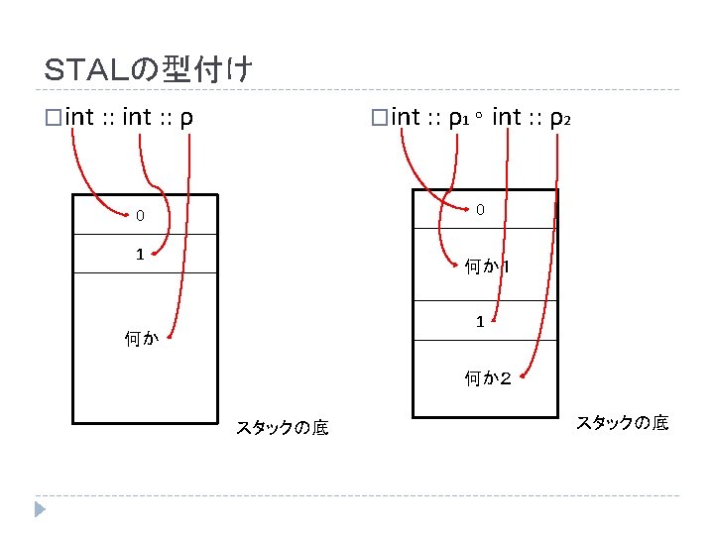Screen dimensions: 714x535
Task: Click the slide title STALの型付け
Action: pos(150,70)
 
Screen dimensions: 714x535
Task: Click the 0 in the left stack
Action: pos(140,215)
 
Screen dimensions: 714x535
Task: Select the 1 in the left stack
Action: pos(140,254)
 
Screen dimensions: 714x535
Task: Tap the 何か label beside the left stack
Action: pos(141,339)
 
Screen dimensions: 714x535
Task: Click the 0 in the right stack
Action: pos(480,210)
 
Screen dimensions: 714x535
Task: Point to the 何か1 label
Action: pos(487,267)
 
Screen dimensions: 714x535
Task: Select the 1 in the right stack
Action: pos(480,321)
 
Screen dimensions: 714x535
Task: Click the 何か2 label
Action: pos(488,377)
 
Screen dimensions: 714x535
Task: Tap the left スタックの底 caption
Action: pos(283,428)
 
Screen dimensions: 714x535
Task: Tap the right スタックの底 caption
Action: pos(623,423)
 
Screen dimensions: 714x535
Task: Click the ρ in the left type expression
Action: pos(186,119)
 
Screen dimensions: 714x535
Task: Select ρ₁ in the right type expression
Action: pos(457,119)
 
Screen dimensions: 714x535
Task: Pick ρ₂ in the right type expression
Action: pos(560,119)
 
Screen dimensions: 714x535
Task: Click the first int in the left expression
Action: pos(78,119)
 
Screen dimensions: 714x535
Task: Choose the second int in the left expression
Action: pos(137,119)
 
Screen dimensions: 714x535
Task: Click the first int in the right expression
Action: pos(407,119)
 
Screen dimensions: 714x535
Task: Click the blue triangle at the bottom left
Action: pos(40,509)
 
